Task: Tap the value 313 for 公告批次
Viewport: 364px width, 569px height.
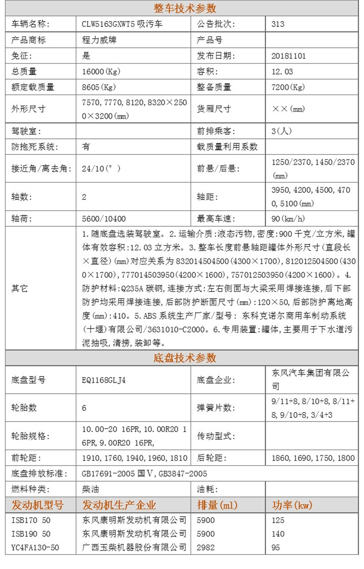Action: [x=278, y=24]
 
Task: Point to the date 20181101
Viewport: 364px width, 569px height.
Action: [x=288, y=56]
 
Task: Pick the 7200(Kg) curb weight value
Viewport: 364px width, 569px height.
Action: [x=288, y=87]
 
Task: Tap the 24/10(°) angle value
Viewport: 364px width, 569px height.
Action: [x=101, y=168]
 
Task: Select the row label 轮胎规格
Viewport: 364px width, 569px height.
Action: [x=30, y=436]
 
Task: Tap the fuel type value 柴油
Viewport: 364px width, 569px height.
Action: [x=90, y=489]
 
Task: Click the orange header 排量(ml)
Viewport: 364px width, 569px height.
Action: [x=217, y=505]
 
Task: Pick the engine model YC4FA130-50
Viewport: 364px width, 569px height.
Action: [x=35, y=548]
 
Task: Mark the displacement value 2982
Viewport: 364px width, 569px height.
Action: [x=206, y=548]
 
